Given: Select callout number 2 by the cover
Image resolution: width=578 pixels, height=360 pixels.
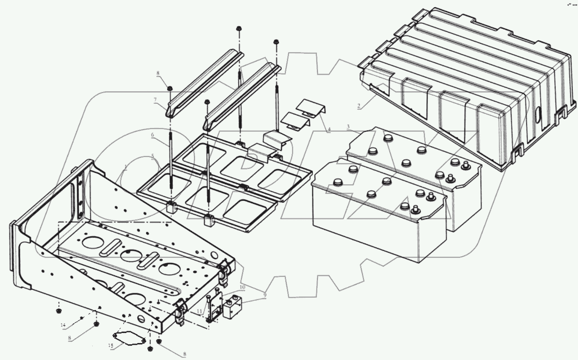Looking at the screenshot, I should click(x=359, y=106).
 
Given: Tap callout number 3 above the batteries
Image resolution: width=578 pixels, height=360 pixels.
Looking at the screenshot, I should click(x=348, y=126).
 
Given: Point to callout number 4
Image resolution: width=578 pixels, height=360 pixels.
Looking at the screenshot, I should click(x=328, y=130).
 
